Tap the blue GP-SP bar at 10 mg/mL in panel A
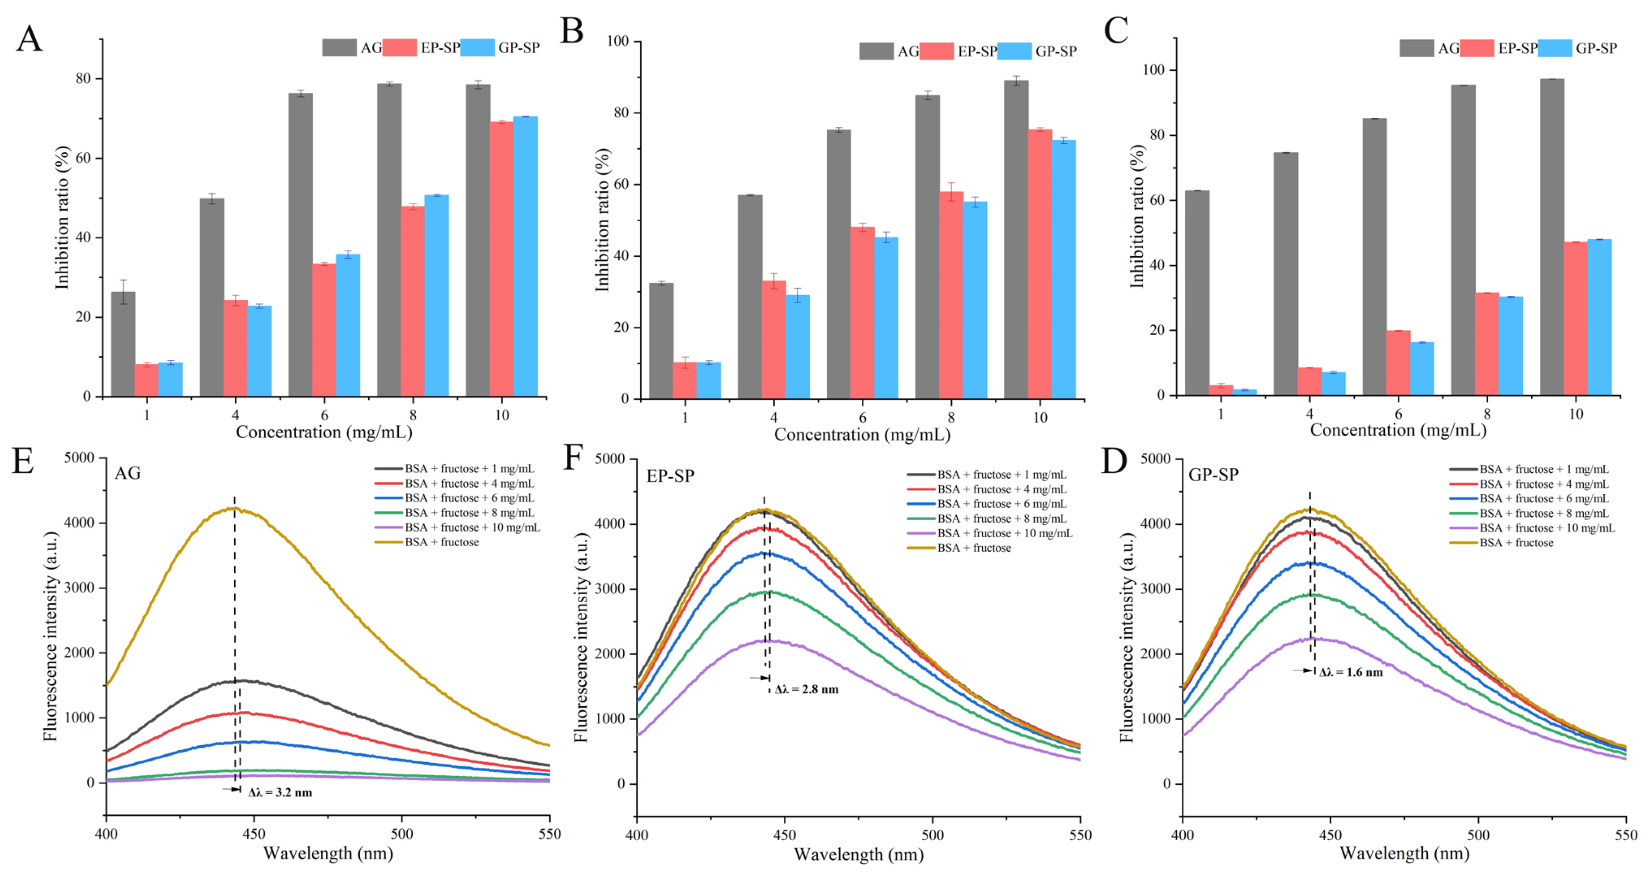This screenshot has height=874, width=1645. pos(525,255)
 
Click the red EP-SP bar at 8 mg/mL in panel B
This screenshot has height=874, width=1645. pos(951,294)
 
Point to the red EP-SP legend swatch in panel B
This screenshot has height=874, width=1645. pos(937,51)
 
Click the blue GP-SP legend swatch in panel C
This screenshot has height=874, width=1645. pos(1555,48)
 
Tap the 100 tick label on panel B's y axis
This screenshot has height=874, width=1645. pos(618,41)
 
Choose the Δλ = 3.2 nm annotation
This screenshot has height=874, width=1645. pos(280,793)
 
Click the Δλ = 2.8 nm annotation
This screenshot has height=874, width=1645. pos(806,689)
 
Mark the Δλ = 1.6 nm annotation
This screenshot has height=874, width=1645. pos(1351,672)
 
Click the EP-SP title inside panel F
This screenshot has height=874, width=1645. pos(670,476)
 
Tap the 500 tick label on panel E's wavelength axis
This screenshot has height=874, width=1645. pos(402,834)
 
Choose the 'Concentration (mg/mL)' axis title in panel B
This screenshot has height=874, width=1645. pos(862,435)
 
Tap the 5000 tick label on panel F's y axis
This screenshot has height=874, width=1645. pos(610,459)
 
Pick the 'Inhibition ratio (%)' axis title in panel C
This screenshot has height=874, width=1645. pos(1137,216)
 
